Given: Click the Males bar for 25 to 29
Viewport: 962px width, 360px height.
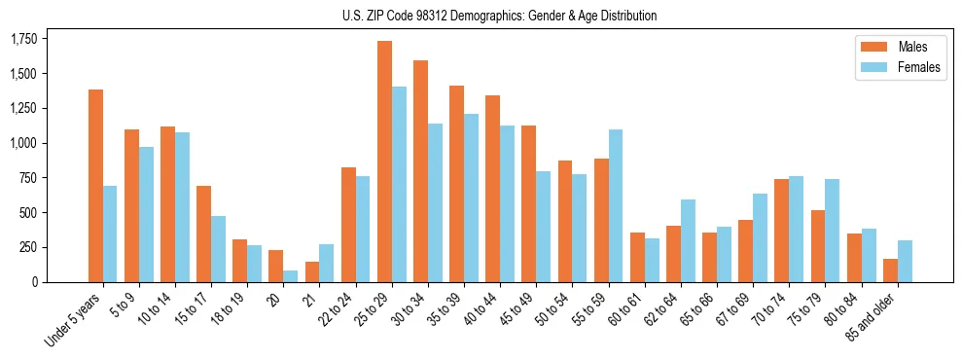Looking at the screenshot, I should pyautogui.click(x=384, y=162).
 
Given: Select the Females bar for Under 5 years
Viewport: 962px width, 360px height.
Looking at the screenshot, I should pyautogui.click(x=110, y=234).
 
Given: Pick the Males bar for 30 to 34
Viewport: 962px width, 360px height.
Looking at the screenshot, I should pyautogui.click(x=420, y=171).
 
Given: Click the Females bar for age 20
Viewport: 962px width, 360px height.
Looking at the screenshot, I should pyautogui.click(x=291, y=276).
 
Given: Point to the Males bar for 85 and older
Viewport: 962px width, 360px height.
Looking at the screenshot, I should pyautogui.click(x=890, y=270).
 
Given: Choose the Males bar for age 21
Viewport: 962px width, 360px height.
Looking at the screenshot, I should pyautogui.click(x=312, y=271).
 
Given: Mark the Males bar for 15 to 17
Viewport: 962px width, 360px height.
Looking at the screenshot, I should pyautogui.click(x=203, y=234).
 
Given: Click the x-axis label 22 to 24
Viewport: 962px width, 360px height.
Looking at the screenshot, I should pyautogui.click(x=338, y=307).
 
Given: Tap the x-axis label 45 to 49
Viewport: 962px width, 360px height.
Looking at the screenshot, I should pyautogui.click(x=518, y=307).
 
